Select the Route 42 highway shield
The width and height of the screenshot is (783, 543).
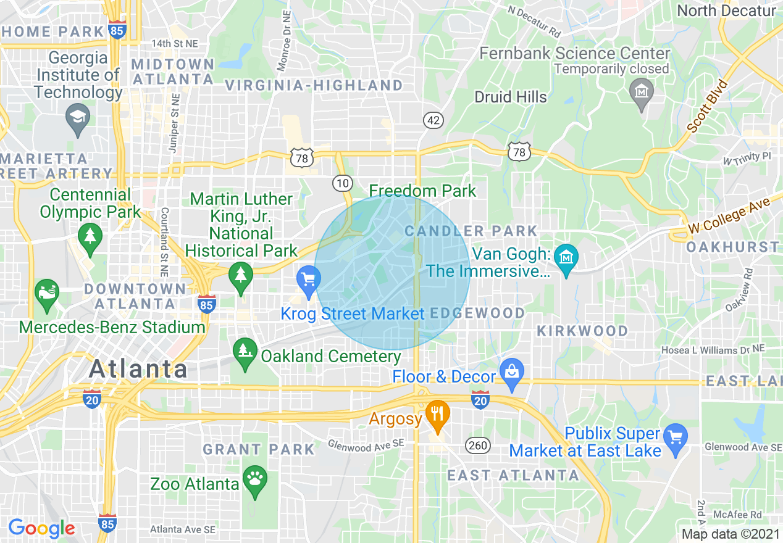433,120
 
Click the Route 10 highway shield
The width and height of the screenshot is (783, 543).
342,183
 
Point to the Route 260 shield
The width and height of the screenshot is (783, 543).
476,446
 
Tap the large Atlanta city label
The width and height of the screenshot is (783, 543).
138,369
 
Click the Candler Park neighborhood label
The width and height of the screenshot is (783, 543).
471,231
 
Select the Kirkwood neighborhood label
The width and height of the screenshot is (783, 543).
582,331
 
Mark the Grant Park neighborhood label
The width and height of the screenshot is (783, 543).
259,449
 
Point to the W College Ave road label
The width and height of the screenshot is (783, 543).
729,216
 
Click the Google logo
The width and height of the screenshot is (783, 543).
41,528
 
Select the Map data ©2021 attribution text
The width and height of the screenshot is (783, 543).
730,534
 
